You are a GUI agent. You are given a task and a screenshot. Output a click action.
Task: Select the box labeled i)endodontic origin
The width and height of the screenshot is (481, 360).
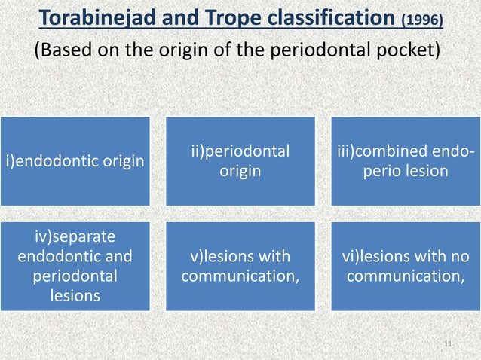point(75,161)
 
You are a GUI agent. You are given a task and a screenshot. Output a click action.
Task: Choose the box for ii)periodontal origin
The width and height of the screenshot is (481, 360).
point(240,161)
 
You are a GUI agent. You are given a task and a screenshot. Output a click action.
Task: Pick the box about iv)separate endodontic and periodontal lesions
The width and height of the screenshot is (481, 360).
point(75,266)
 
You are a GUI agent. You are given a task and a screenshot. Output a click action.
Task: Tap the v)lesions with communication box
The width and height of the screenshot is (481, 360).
point(240,266)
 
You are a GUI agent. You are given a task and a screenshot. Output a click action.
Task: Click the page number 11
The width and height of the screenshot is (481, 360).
point(449,344)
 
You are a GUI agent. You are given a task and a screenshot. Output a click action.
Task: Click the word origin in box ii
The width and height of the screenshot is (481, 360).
point(240,172)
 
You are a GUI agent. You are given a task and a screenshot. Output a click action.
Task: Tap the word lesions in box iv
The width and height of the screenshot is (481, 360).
point(75,296)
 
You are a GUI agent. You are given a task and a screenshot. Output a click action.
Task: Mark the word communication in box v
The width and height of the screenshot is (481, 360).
point(238,276)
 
